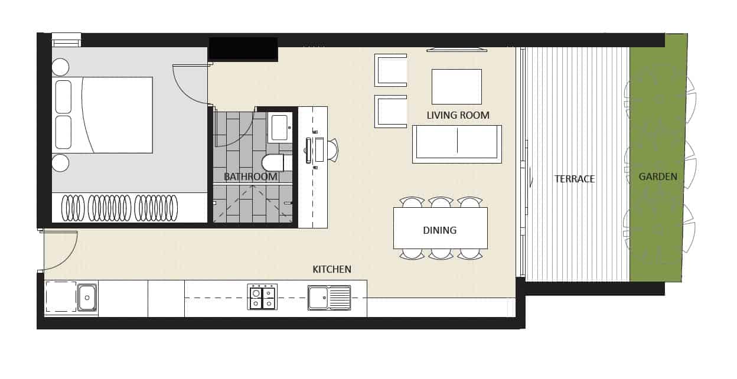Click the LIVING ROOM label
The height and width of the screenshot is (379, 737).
[458, 116]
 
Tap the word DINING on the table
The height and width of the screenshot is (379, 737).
[439, 230]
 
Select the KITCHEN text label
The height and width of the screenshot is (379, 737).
[332, 269]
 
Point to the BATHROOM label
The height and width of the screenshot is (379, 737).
[250, 177]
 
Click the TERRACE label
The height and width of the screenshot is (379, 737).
[574, 179]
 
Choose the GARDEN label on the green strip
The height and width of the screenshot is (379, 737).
[658, 177]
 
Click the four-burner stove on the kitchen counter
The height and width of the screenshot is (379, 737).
[262, 297]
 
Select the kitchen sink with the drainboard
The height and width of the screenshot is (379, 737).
[329, 298]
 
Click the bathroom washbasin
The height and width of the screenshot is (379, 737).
[279, 128]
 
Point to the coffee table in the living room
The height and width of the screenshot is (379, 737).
[456, 86]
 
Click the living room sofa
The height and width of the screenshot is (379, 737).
[456, 144]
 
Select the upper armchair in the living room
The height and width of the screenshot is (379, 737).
[391, 70]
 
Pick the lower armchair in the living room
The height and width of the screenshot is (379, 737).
[391, 111]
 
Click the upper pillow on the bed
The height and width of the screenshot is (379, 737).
[63, 97]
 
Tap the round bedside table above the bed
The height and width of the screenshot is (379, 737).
[60, 67]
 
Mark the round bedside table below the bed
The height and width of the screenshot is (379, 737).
[60, 163]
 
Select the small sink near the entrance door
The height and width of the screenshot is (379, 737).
[87, 298]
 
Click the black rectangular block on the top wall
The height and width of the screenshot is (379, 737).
[243, 48]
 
